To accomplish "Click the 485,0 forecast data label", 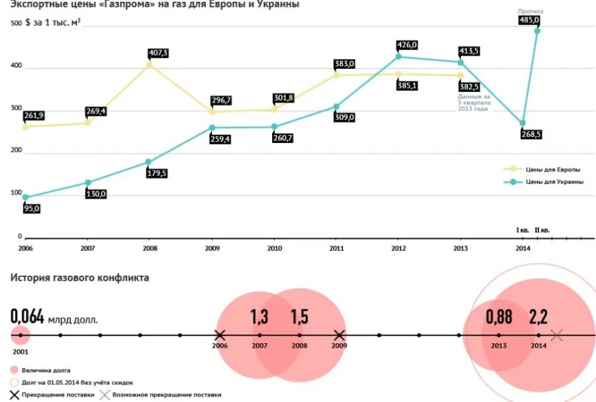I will (x=529, y=21).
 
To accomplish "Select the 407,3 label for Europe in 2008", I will (x=158, y=53).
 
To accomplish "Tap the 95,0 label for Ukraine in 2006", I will (x=32, y=209).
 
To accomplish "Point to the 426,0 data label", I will (x=407, y=45).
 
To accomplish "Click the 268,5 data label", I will (x=530, y=134).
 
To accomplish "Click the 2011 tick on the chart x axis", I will (x=336, y=248).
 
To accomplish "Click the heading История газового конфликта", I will (x=79, y=277).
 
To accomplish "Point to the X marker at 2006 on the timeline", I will (x=220, y=335).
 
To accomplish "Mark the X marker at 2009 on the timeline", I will (x=339, y=335).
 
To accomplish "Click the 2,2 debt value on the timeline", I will (x=538, y=317).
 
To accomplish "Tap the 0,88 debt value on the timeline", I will (x=499, y=317).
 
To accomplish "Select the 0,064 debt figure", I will (x=27, y=317).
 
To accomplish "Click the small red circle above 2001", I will (x=21, y=335).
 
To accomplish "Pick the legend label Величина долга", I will (x=46, y=370).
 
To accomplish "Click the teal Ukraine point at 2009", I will (x=212, y=128).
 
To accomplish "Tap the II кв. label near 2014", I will (x=542, y=230).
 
